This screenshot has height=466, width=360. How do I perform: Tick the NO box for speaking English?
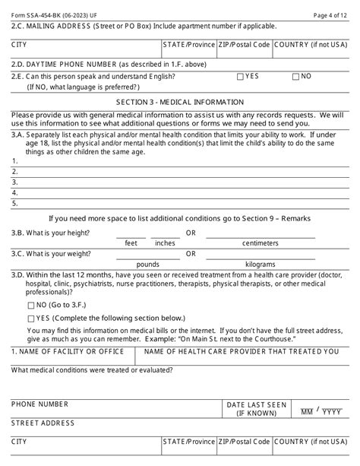tap(296, 77)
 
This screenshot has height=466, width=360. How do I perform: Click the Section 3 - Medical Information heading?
tap(179, 101)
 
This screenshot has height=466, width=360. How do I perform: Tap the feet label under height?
tap(131, 243)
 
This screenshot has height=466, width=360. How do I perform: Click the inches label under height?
tap(164, 243)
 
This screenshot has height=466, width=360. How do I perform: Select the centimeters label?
tap(264, 243)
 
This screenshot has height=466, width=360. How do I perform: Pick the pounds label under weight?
tap(147, 265)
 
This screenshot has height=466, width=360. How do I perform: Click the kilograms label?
tap(264, 265)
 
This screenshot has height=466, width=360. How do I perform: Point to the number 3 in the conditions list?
tap(14, 182)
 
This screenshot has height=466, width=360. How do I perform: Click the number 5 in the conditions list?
tap(14, 204)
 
